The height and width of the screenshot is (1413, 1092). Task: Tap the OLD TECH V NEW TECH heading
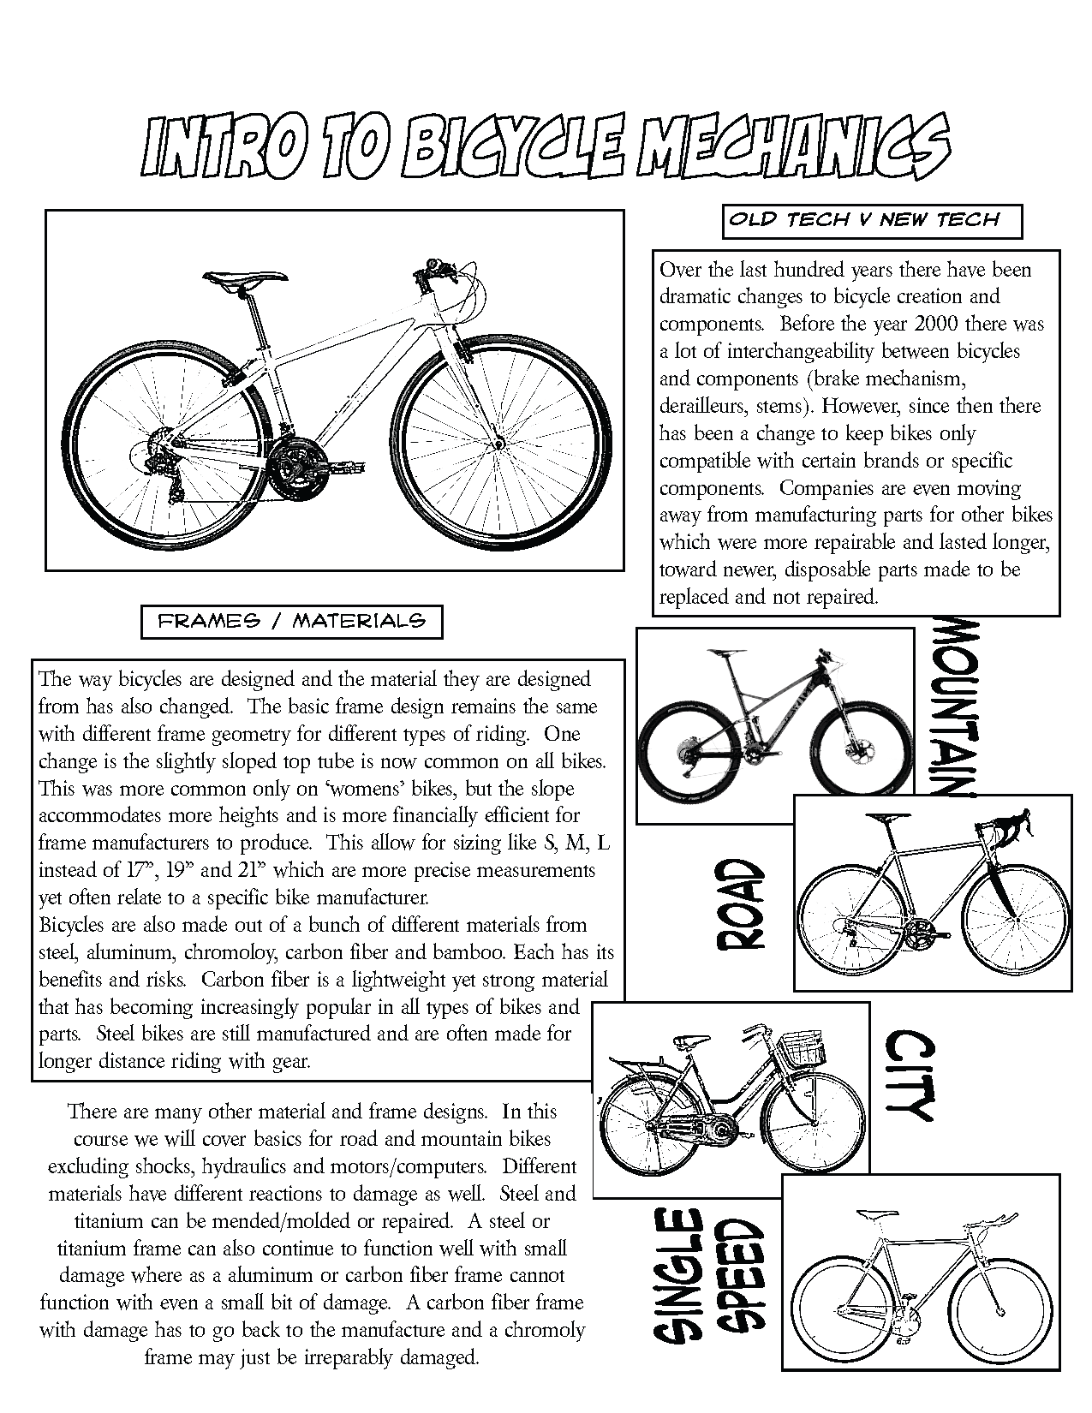[x=863, y=219]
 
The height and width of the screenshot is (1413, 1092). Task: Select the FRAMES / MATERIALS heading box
[x=292, y=622]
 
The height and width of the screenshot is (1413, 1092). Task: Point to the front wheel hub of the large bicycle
[x=500, y=444]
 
